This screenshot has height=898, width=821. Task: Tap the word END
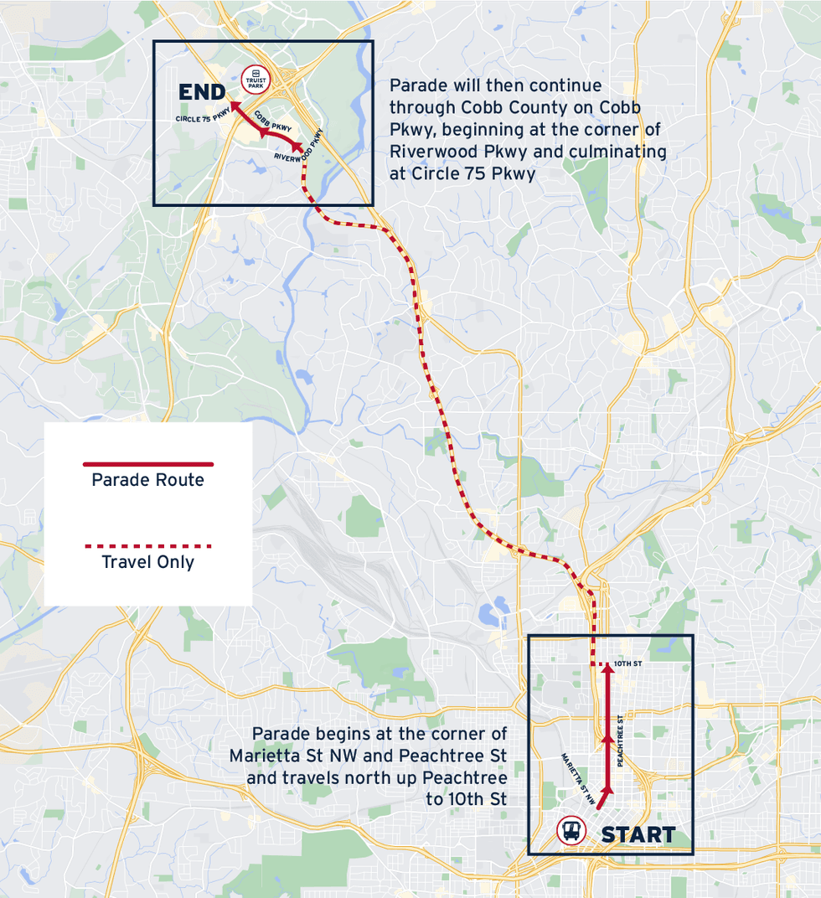point(202,92)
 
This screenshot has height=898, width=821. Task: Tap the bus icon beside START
point(571,831)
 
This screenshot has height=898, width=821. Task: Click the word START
point(638,835)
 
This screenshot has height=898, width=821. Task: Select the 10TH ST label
point(627,663)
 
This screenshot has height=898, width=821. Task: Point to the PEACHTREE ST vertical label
point(621,741)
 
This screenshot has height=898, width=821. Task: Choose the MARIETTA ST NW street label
point(579,780)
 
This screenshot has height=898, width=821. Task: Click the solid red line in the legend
point(147,464)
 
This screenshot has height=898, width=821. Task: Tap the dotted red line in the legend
point(147,546)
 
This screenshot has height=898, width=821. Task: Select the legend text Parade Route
point(147,480)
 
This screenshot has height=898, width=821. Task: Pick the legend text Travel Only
point(147,562)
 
